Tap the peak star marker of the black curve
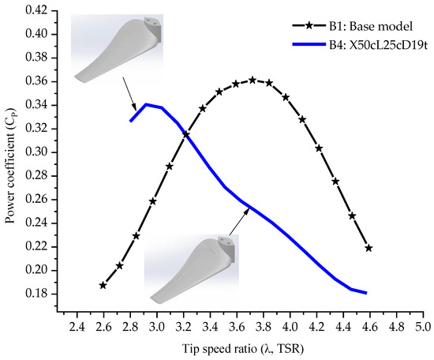tap(253, 81)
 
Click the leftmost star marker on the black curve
tap(103, 285)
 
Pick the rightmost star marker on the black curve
tap(369, 248)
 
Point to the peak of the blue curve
tap(146, 104)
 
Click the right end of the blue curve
tap(366, 293)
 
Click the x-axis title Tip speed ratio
tap(243, 349)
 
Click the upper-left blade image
tap(117, 49)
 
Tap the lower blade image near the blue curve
tap(192, 269)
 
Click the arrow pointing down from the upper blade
tap(129, 94)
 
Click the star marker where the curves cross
tap(186, 134)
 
